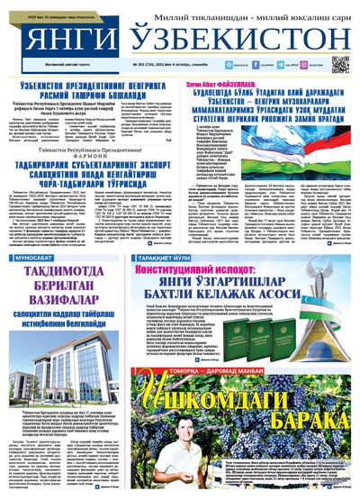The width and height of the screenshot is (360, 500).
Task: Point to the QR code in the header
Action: tap(339, 64)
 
